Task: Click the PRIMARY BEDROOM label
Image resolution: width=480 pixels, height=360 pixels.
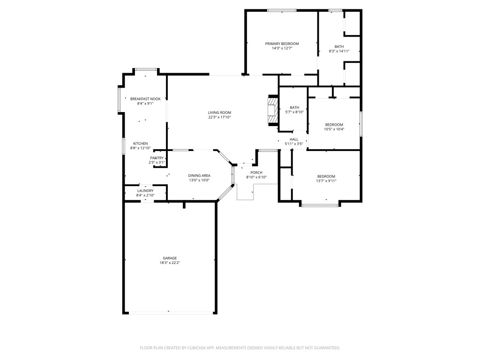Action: (282, 44)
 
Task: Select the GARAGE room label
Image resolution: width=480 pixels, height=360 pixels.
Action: (170, 258)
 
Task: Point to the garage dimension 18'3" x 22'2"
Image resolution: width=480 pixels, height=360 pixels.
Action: (170, 263)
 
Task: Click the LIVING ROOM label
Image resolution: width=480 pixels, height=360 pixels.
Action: (219, 112)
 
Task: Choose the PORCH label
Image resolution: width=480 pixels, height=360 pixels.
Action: (256, 172)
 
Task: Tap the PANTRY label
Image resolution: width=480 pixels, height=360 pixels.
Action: (157, 158)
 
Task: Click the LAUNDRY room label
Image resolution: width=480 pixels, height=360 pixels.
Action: (145, 191)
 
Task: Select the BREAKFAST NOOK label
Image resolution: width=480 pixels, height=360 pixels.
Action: (145, 99)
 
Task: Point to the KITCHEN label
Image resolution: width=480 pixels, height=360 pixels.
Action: (141, 143)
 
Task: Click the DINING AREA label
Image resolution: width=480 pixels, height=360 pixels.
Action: (199, 175)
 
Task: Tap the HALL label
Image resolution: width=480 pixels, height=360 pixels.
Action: (294, 139)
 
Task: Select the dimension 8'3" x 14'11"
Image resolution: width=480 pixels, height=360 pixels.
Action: (339, 51)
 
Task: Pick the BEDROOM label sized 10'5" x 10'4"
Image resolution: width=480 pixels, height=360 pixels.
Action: (334, 125)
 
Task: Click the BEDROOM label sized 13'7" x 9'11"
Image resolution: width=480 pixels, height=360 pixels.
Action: (326, 176)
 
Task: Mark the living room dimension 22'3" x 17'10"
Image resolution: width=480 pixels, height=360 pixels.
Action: (219, 117)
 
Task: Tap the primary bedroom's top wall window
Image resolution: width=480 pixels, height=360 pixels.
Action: (281, 10)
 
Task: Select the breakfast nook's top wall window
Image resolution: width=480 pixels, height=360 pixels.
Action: (145, 69)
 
